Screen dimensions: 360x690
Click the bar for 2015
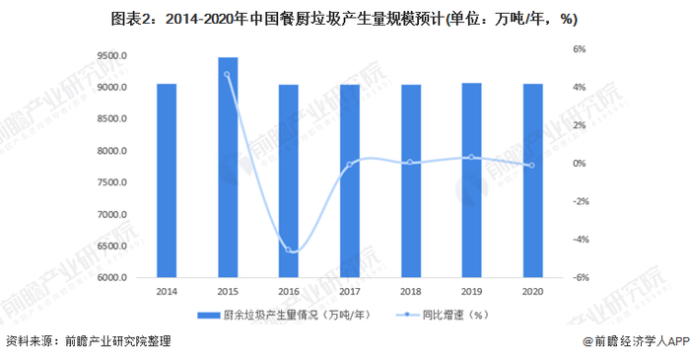pyautogui.click(x=228, y=168)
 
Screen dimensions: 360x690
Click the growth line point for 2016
pyautogui.click(x=289, y=250)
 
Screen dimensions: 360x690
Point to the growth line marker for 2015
pyautogui.click(x=228, y=74)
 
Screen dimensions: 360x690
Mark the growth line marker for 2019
pyautogui.click(x=472, y=157)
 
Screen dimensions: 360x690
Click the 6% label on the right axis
pyautogui.click(x=581, y=49)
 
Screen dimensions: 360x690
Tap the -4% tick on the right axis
pyautogui.click(x=581, y=240)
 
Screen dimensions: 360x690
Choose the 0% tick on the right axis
pyautogui.click(x=581, y=164)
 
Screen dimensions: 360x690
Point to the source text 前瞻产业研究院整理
pyautogui.click(x=118, y=342)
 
